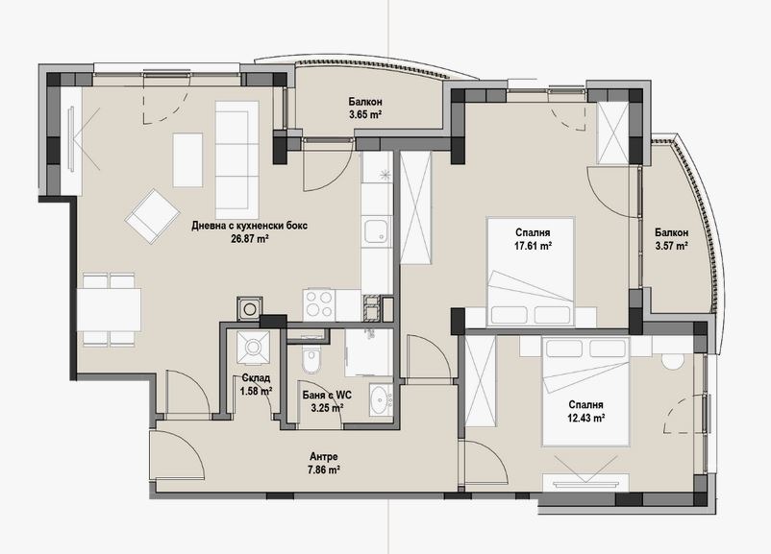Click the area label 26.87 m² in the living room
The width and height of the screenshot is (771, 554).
click(249, 239)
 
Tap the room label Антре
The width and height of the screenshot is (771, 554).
click(324, 457)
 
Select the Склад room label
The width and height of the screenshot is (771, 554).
click(256, 378)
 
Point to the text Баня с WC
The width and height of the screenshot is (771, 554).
click(327, 395)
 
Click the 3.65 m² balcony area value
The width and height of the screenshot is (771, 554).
click(365, 115)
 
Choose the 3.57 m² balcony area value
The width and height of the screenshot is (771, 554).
click(671, 246)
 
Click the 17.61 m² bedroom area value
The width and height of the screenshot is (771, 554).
click(533, 246)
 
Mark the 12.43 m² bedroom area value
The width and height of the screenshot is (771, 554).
click(585, 419)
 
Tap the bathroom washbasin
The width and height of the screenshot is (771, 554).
click(381, 399)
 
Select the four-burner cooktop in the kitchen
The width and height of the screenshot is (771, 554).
click(319, 305)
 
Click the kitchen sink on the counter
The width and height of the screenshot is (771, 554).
click(377, 231)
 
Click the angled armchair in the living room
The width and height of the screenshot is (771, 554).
click(152, 216)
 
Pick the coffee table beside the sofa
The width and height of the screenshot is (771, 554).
click(187, 160)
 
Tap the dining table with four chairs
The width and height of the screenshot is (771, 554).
click(109, 310)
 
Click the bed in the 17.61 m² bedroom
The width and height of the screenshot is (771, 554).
click(530, 272)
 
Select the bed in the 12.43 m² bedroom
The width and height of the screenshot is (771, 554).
click(585, 392)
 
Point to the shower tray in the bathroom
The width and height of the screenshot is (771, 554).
click(369, 353)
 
